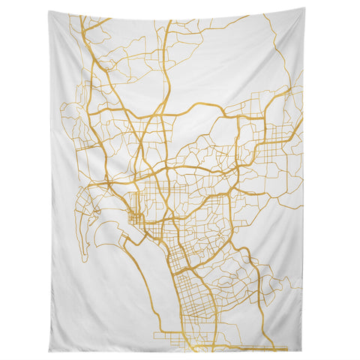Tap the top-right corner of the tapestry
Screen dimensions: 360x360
point(304,9)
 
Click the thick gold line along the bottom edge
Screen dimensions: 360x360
point(225,347)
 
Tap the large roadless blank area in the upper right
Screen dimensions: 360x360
point(232,52)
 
